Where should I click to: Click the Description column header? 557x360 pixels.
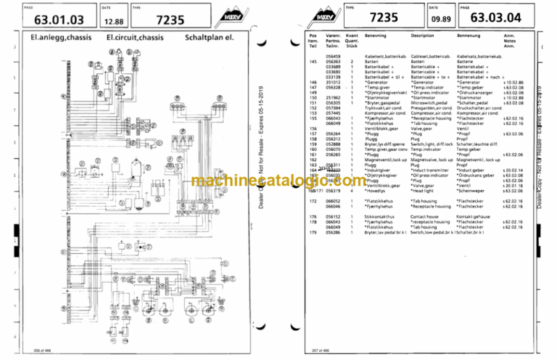[422, 35]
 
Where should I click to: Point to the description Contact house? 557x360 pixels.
[424, 216]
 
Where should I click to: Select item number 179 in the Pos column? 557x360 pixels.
[313, 232]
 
